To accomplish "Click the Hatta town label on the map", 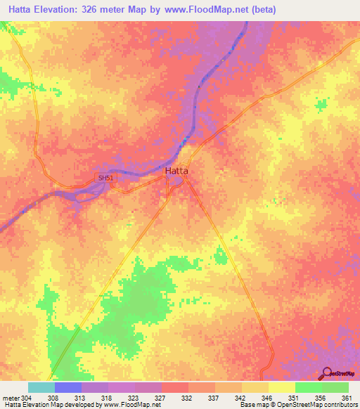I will coord(176,171).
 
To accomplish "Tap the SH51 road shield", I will coord(105,178).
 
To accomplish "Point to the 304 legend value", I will coord(27,399).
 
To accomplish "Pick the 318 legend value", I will coord(107,399).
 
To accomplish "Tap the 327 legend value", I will coord(160,399).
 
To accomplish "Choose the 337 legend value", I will coord(214,399).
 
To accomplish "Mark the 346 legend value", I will coord(267,399).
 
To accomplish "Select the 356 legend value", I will coord(321,399).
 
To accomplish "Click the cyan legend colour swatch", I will coord(41,387).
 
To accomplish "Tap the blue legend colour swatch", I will coord(67,387).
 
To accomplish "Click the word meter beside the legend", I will coord(10,399).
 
